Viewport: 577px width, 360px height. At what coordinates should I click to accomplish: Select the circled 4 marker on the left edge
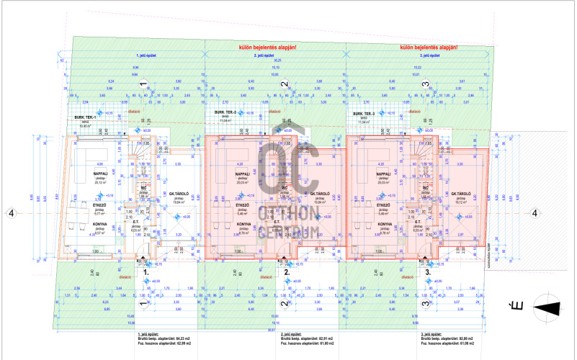[10, 212]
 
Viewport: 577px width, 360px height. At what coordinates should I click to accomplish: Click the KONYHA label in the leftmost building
[80, 224]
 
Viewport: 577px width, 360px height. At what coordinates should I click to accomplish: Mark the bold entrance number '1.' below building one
[146, 273]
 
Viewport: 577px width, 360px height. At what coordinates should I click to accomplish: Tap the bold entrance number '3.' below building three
[428, 273]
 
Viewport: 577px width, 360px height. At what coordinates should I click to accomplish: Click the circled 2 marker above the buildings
[284, 84]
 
